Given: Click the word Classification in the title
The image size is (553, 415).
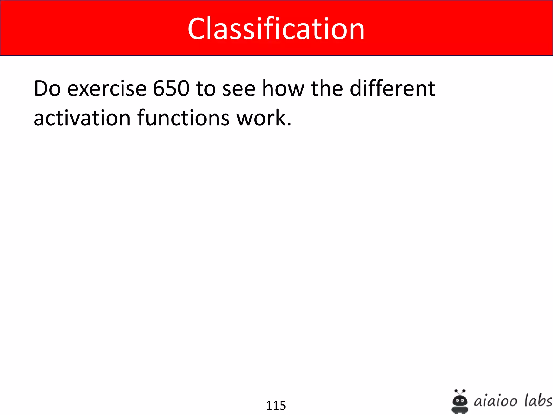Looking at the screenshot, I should click(x=276, y=29).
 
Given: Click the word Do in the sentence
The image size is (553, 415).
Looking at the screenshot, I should click(x=47, y=89).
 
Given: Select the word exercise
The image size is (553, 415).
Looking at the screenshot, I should click(x=107, y=89).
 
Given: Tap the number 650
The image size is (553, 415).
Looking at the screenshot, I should click(x=171, y=89).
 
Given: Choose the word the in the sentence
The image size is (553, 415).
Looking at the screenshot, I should click(x=327, y=89).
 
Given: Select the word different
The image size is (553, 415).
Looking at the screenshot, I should click(x=392, y=89).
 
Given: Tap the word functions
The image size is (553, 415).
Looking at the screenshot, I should click(x=184, y=118).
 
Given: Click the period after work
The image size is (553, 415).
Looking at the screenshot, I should click(x=289, y=125).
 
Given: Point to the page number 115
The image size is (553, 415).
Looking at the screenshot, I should click(x=276, y=406).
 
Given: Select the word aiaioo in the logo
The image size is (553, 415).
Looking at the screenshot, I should click(x=496, y=401).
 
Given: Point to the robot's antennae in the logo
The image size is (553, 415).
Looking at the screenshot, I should click(x=460, y=391).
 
